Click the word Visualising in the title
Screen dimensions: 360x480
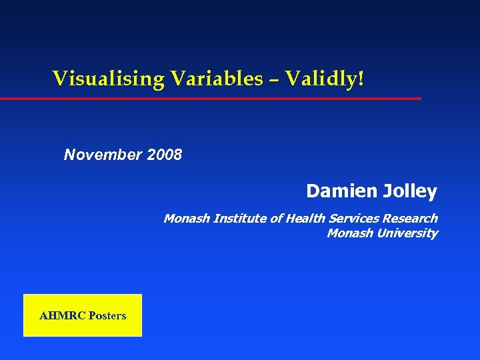click(x=109, y=79)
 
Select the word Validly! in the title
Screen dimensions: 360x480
click(x=325, y=79)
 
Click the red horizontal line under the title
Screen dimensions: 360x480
click(x=210, y=99)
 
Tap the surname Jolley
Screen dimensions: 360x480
click(x=410, y=192)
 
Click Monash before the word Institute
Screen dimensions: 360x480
click(x=187, y=218)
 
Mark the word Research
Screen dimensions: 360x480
click(x=410, y=218)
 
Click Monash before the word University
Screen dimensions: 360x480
click(x=350, y=233)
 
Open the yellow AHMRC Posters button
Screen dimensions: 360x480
click(x=83, y=315)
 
